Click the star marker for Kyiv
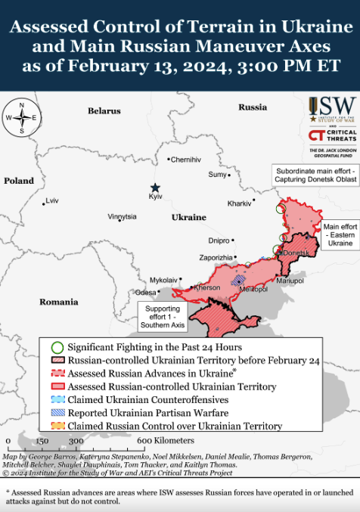pyautogui.click(x=155, y=188)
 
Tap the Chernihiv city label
pyautogui.click(x=186, y=160)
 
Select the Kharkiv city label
pyautogui.click(x=239, y=203)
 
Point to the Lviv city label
pyautogui.click(x=52, y=200)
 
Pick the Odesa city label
pyautogui.click(x=145, y=292)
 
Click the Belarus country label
pyautogui.click(x=104, y=111)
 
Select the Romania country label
pyautogui.click(x=59, y=302)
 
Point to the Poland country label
pyautogui.click(x=19, y=181)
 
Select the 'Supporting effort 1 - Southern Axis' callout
pyautogui.click(x=163, y=317)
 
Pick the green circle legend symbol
pyautogui.click(x=57, y=346)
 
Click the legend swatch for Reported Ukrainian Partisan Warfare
pyautogui.click(x=57, y=413)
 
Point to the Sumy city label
pyautogui.click(x=217, y=175)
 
